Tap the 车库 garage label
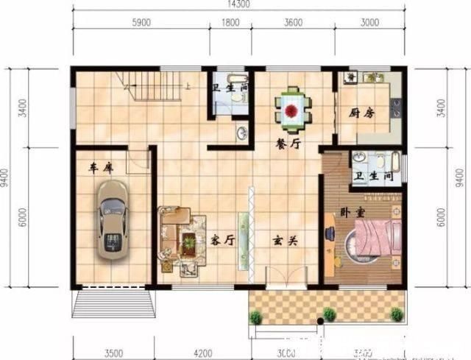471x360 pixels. click(103, 168)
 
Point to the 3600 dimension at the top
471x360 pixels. click(293, 23)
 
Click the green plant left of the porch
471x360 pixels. click(256, 317)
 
